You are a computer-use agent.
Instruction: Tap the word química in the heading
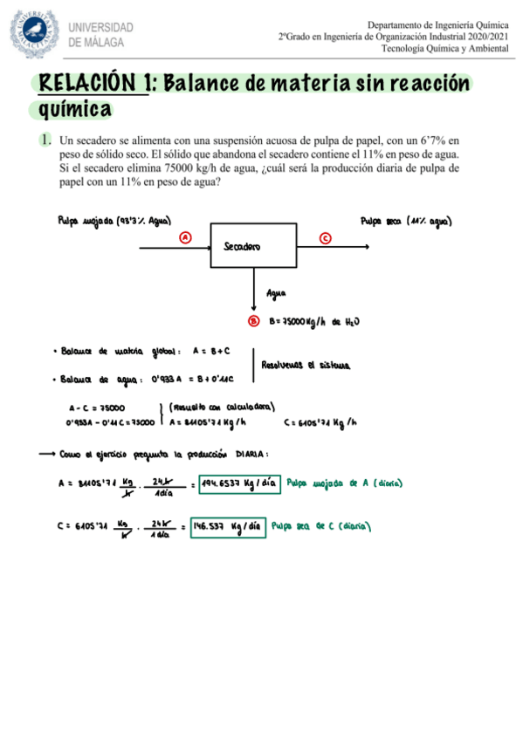pos(77,109)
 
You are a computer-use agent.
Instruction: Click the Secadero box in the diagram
pos(253,245)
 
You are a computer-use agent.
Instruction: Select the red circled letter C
pos(325,237)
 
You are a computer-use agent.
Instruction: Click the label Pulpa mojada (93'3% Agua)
pos(114,222)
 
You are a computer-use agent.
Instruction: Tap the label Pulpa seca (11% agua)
pos(410,222)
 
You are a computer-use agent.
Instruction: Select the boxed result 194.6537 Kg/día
pos(238,483)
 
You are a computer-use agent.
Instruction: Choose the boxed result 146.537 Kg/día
pos(226,526)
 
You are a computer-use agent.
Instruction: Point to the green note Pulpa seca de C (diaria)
pos(322,526)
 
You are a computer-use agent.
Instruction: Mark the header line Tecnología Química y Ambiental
pos(448,49)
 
